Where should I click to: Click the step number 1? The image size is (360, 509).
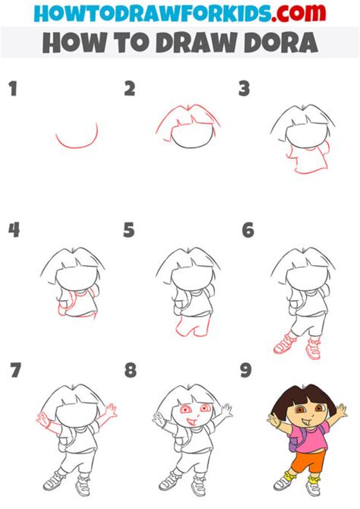pyautogui.click(x=12, y=90)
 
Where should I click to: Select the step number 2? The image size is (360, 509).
pyautogui.click(x=130, y=90)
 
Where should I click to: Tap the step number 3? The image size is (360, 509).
pyautogui.click(x=245, y=90)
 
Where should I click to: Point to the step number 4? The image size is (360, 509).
pyautogui.click(x=13, y=229)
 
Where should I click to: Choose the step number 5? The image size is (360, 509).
pyautogui.click(x=130, y=229)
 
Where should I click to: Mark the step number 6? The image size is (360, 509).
pyautogui.click(x=247, y=229)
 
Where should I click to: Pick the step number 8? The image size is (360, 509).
pyautogui.click(x=130, y=370)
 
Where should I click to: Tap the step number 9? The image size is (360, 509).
pyautogui.click(x=245, y=370)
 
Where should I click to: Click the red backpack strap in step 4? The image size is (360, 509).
pyautogui.click(x=62, y=304)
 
